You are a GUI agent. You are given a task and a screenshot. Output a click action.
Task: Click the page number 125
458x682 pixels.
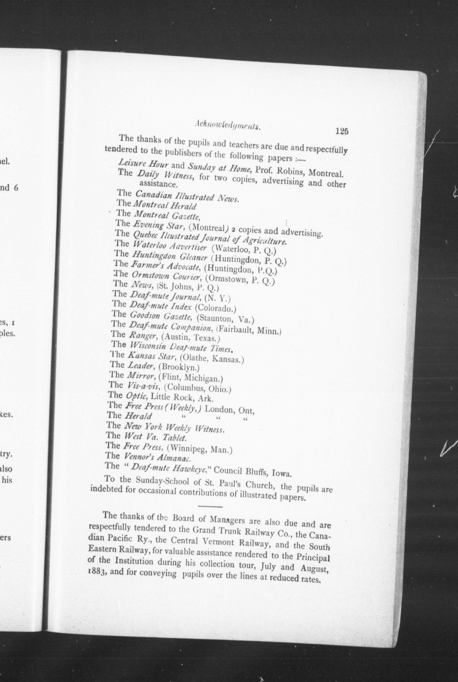tap(342, 131)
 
